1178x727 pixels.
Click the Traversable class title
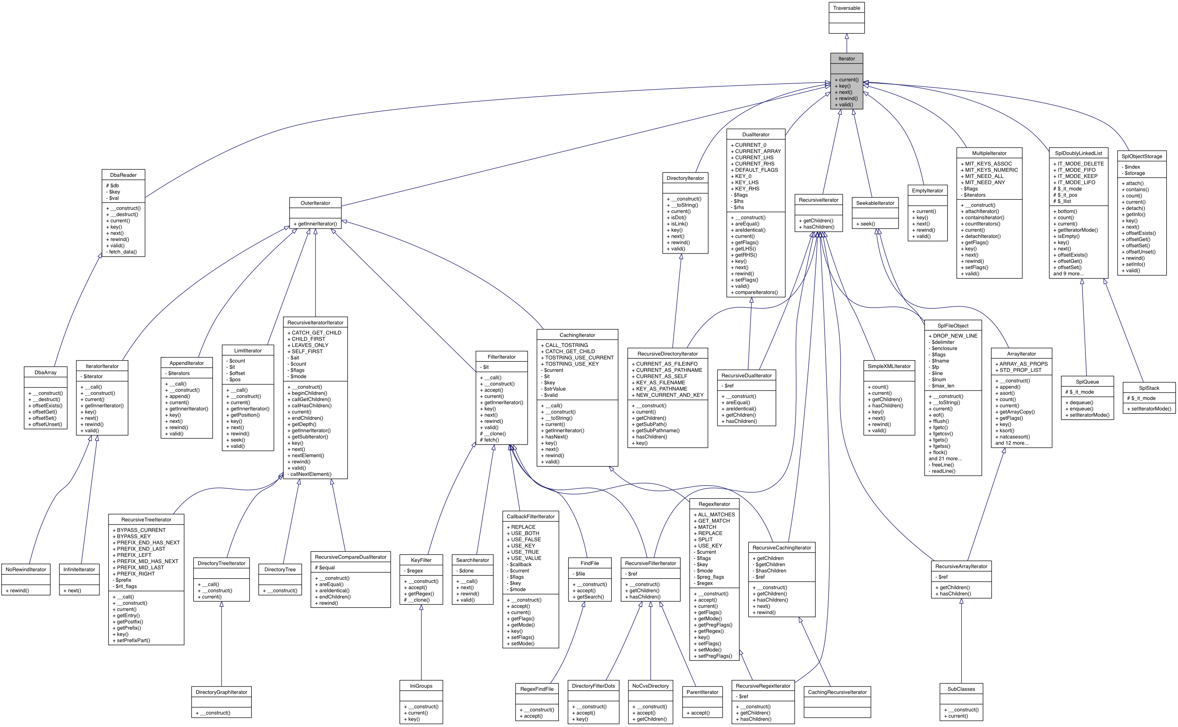click(846, 8)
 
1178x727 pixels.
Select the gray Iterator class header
click(846, 59)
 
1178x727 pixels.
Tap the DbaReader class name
click(123, 175)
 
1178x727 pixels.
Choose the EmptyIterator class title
click(927, 190)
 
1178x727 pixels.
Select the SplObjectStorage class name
click(1141, 156)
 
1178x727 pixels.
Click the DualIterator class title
click(756, 135)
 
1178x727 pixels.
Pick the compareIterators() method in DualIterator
click(756, 292)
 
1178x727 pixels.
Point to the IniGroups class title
click(421, 686)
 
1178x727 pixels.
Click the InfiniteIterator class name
click(79, 569)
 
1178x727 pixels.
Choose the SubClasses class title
click(961, 689)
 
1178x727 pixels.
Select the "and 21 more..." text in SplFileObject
click(945, 459)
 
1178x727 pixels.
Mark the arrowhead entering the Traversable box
click(846, 37)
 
